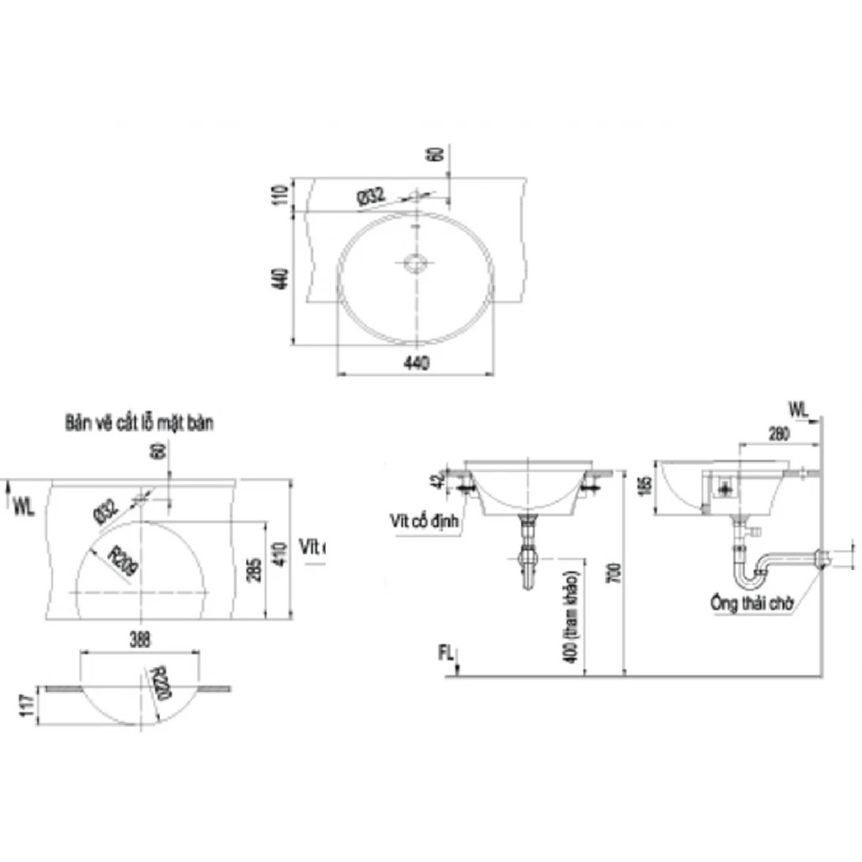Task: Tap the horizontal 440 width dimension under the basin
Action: (416, 363)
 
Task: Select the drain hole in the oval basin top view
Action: (415, 263)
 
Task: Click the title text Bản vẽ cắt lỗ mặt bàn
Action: (138, 423)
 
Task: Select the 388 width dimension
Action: (141, 637)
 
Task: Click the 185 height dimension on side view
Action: (646, 482)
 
